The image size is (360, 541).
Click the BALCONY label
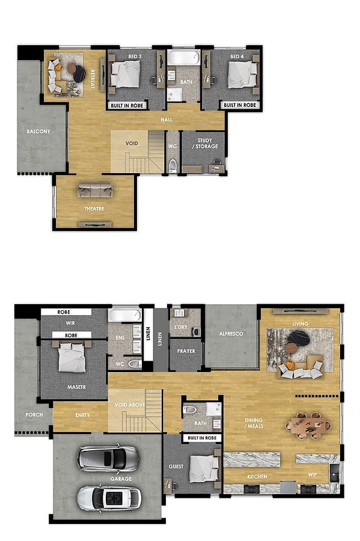coord(38,132)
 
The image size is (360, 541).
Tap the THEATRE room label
coord(94,209)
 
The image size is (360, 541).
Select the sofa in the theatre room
coord(95,190)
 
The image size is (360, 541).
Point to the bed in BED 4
coord(243,75)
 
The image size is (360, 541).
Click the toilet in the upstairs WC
coord(172,166)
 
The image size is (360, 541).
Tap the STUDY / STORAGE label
coord(205,143)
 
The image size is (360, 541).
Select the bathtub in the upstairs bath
coord(184,58)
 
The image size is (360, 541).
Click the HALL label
coord(166,120)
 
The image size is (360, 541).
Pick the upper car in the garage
coord(108,458)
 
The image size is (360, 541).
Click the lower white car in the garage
coord(109,498)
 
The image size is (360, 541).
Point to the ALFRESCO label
coord(231,334)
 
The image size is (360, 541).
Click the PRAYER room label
coord(186,351)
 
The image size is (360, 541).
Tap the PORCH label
coord(34,415)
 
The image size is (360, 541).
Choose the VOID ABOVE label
coord(130,405)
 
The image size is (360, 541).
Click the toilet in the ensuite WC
coord(135,364)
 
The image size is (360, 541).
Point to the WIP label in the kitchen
coord(312,475)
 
